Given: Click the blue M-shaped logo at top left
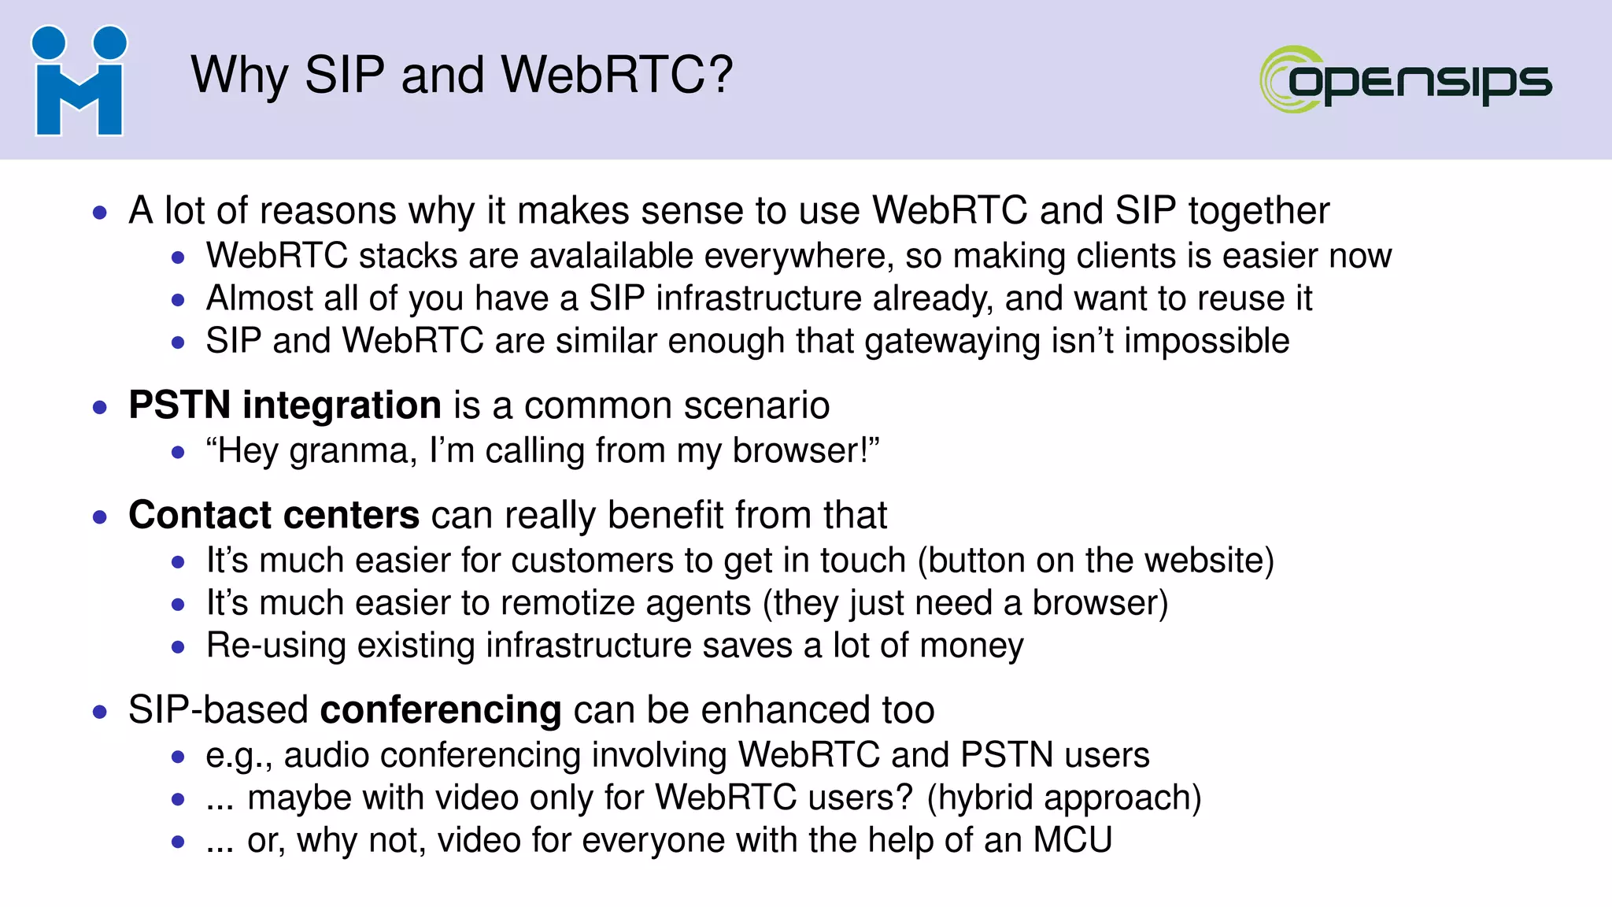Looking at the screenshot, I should [x=79, y=81].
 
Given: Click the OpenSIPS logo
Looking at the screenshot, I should [x=1406, y=80].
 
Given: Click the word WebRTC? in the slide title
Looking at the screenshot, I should [x=617, y=76].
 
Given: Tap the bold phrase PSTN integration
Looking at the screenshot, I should [x=284, y=405].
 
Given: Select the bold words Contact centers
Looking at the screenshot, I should [x=273, y=515].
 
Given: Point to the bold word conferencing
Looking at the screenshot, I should [x=441, y=709].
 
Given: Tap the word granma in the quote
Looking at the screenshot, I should [x=352, y=451].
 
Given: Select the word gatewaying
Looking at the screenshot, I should [x=952, y=342].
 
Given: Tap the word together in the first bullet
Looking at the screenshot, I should [x=1259, y=211].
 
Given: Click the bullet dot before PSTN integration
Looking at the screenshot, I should [x=99, y=407].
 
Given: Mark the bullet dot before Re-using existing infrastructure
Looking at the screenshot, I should [x=178, y=647].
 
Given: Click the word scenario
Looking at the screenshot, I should [x=756, y=405].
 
